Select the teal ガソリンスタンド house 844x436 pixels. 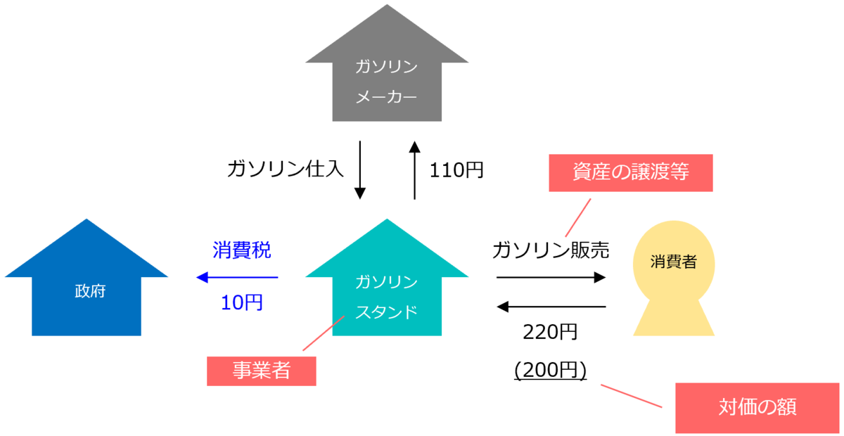[x=387, y=295]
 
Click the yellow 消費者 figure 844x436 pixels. [x=674, y=281]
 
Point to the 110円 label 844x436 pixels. [x=456, y=169]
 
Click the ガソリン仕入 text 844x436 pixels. [x=286, y=169]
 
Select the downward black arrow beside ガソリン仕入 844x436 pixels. [x=359, y=170]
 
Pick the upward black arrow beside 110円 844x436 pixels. [x=414, y=170]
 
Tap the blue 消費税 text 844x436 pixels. [x=241, y=250]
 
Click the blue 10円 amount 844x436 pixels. [x=241, y=303]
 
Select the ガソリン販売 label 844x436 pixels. [x=550, y=250]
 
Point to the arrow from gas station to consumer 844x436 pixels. [x=551, y=277]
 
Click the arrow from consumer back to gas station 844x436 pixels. [x=551, y=307]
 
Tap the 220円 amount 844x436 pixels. [x=550, y=332]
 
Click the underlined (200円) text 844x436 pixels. [x=550, y=371]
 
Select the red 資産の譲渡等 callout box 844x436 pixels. [x=630, y=173]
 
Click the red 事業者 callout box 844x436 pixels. [x=261, y=371]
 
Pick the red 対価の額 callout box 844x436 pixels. [x=757, y=408]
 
